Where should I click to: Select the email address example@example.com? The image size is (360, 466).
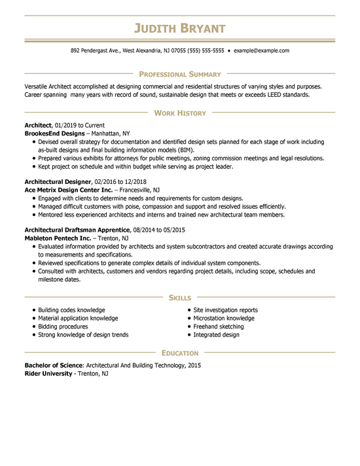261,50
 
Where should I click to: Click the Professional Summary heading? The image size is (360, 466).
179,75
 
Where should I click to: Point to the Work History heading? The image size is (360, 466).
179,113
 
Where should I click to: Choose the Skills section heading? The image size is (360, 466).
179,298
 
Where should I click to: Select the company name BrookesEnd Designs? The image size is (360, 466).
54,133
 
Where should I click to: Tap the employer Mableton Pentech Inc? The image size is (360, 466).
58,238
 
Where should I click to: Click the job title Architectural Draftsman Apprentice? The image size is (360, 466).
78,230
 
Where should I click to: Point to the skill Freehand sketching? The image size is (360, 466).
218,327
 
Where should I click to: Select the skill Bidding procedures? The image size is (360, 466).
63,327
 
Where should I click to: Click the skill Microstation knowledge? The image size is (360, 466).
223,318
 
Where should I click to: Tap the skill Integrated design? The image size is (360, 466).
216,334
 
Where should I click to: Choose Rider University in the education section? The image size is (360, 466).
48,373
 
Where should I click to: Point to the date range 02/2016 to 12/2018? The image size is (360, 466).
120,181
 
